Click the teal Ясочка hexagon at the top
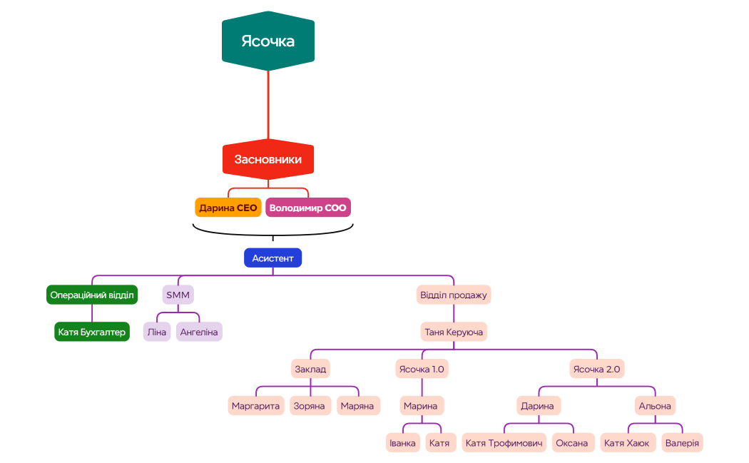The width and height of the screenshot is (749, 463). click(x=268, y=41)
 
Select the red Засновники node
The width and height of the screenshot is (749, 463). click(x=268, y=160)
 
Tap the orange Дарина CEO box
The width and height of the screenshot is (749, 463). click(x=228, y=208)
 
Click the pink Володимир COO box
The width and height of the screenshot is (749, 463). click(x=308, y=208)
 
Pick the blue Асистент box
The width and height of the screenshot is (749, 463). click(x=272, y=258)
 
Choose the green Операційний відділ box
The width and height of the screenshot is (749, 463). click(x=92, y=295)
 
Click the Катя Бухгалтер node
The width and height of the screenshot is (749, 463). click(x=92, y=332)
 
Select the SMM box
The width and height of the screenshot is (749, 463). click(x=178, y=295)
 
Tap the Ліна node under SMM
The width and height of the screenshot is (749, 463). click(x=157, y=332)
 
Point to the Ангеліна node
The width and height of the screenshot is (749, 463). click(x=199, y=332)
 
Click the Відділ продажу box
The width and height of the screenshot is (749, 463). click(x=454, y=295)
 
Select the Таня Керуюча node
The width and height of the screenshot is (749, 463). click(x=454, y=332)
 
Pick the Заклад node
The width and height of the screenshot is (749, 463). click(x=310, y=369)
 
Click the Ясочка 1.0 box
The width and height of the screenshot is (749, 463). click(x=422, y=369)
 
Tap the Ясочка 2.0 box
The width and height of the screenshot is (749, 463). click(x=597, y=369)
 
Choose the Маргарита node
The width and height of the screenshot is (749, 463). click(x=256, y=406)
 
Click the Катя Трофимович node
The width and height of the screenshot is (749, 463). click(x=504, y=443)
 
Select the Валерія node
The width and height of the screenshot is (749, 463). click(x=682, y=443)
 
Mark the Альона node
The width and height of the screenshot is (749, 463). click(x=655, y=406)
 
